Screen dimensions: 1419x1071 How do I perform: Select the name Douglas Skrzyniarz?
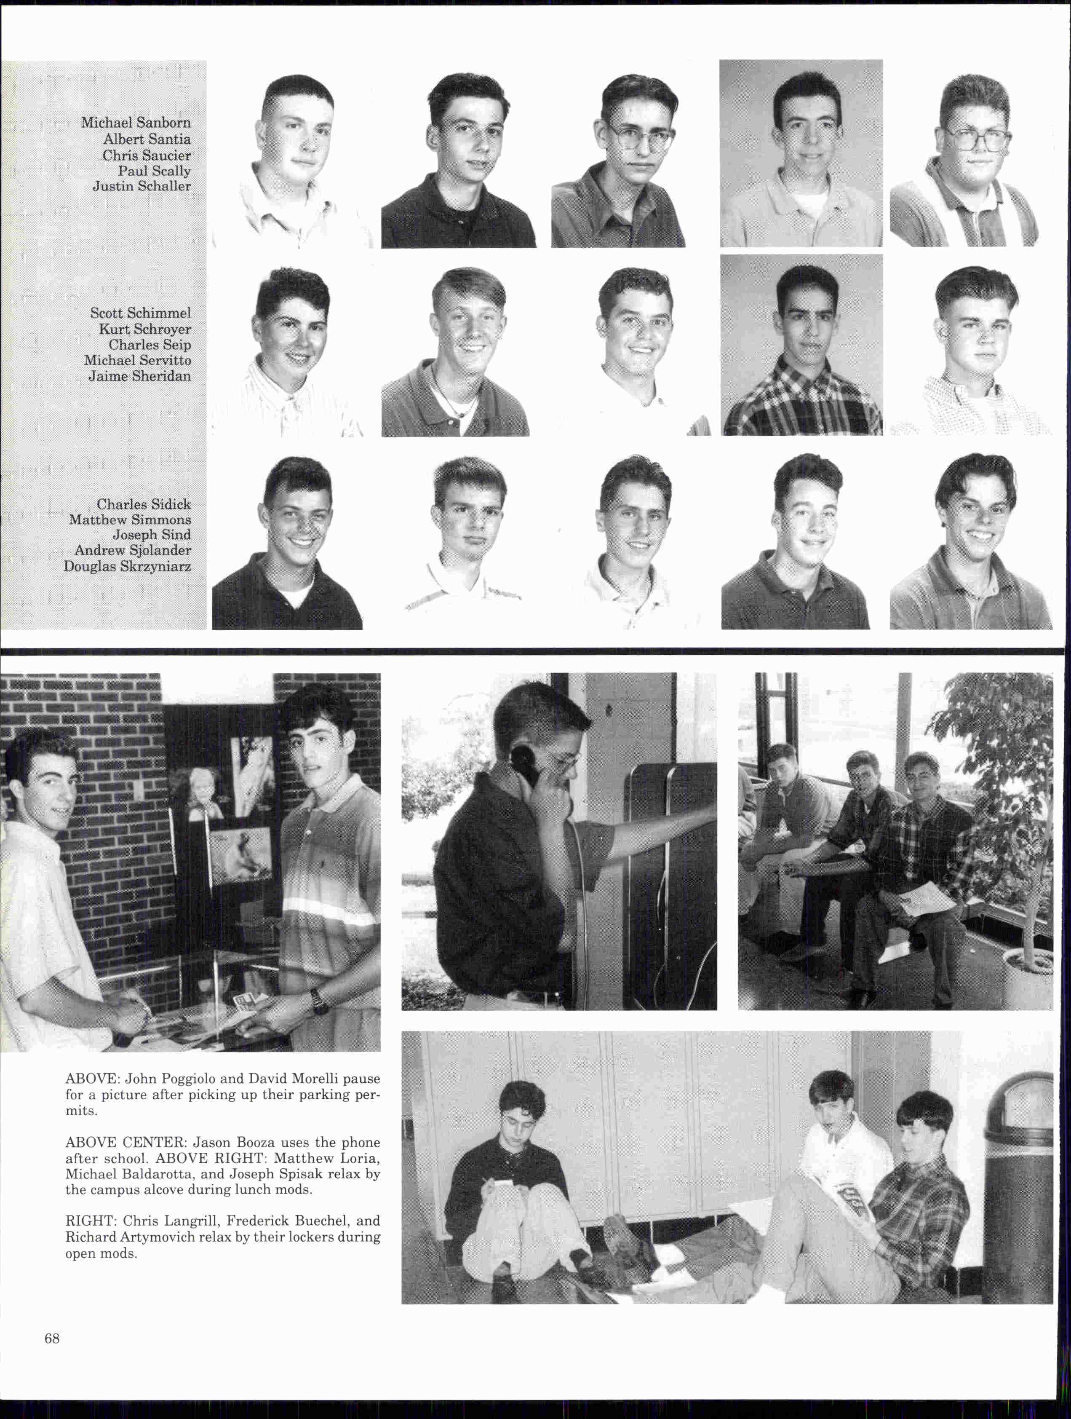127,566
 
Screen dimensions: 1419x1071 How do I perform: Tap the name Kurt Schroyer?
144,329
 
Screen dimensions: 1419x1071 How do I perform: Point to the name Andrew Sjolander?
132,550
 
